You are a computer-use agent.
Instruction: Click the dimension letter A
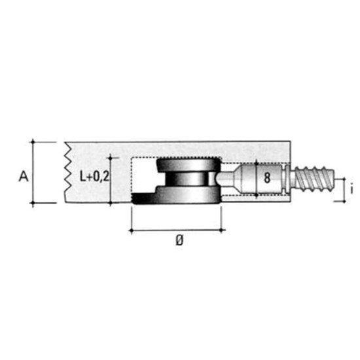pos(24,177)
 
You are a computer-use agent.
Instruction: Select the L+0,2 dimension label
pos(94,177)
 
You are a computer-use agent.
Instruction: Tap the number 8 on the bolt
pos(267,177)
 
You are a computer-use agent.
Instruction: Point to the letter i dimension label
pos(351,189)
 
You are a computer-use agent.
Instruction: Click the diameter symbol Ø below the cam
pos(180,241)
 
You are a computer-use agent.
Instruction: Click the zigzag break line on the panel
pos(68,167)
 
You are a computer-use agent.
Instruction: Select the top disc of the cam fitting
pos(187,164)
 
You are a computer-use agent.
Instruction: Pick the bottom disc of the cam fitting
pos(176,194)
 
